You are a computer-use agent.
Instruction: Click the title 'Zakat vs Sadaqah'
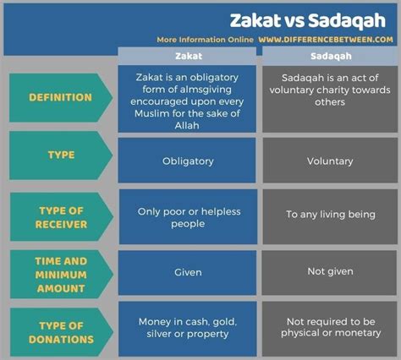(308, 20)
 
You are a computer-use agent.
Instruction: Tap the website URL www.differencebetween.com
(326, 40)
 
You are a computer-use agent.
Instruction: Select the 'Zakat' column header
(189, 56)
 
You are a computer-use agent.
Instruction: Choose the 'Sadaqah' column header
(331, 56)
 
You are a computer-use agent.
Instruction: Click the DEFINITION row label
(61, 97)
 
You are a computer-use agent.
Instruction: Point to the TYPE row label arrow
(61, 155)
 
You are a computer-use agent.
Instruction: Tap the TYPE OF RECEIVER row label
(62, 217)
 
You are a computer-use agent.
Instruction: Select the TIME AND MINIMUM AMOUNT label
(62, 274)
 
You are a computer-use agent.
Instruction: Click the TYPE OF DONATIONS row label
(62, 332)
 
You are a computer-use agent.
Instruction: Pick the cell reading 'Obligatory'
(187, 161)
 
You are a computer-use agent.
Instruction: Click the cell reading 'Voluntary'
(330, 161)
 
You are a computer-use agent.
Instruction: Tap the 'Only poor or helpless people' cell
(188, 216)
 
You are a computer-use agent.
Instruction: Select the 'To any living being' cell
(330, 216)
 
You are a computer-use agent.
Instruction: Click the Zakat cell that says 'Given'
(187, 273)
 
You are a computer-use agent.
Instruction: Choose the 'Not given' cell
(329, 273)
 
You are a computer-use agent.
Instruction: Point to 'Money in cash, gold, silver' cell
(188, 329)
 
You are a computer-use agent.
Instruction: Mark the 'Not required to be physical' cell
(330, 329)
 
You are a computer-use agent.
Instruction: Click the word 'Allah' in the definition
(187, 126)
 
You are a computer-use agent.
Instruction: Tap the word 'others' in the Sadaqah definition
(330, 102)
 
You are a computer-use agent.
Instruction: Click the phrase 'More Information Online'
(205, 40)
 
